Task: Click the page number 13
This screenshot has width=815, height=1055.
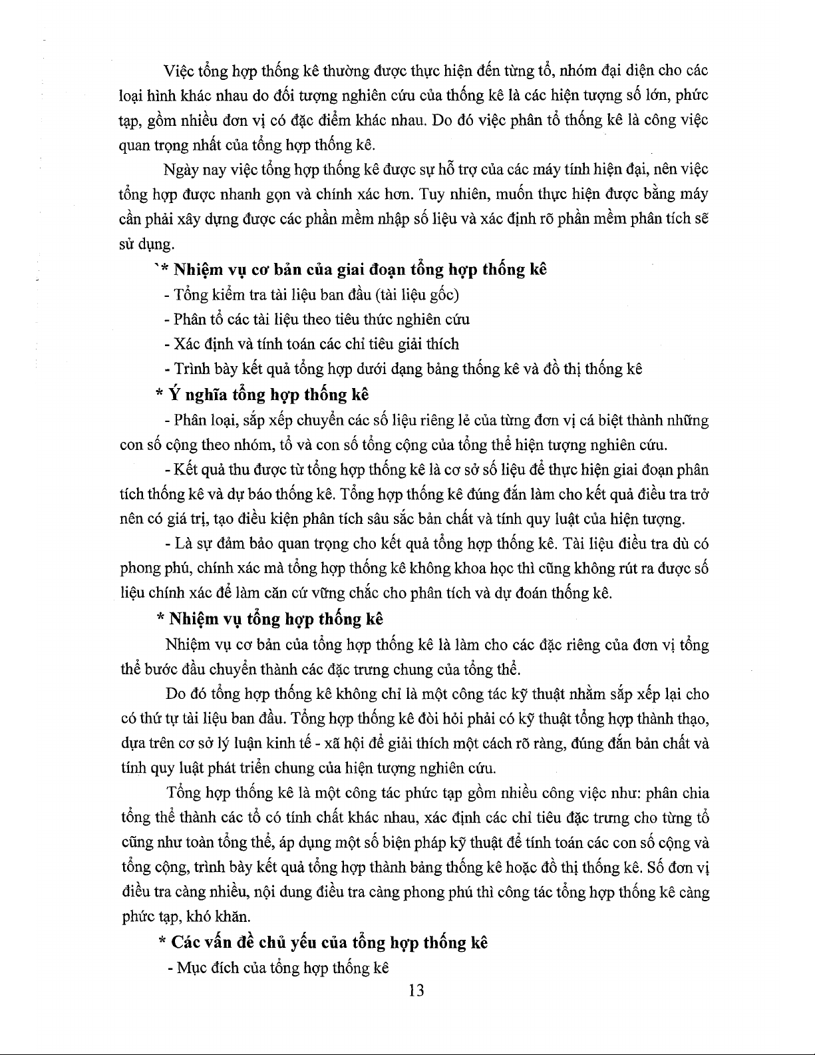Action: click(416, 990)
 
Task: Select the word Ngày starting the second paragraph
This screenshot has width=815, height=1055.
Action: click(181, 170)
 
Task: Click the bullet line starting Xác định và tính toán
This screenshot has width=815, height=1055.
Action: click(311, 344)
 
